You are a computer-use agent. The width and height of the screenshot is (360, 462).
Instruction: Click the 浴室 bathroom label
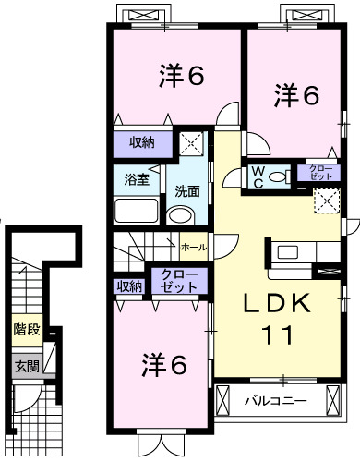pos(136,178)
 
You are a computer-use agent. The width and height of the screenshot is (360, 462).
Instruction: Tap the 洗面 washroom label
pos(188,189)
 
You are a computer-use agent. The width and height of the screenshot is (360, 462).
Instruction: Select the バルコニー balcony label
pos(276,402)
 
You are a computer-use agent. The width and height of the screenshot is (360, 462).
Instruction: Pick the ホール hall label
pos(194,248)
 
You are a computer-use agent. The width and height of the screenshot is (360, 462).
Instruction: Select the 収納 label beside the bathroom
pos(141,142)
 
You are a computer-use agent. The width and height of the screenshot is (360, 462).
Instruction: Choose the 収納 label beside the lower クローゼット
pos(129,286)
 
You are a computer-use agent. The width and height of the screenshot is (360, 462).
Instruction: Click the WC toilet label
pos(258,176)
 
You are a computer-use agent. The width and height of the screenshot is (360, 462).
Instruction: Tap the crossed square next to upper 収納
pos(192,142)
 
